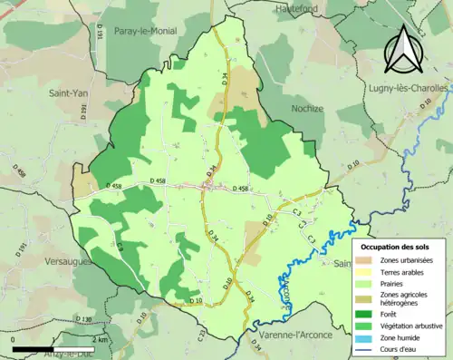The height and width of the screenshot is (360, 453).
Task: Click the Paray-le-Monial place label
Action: click(145, 31)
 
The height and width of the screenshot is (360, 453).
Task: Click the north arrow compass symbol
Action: click(403, 48)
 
